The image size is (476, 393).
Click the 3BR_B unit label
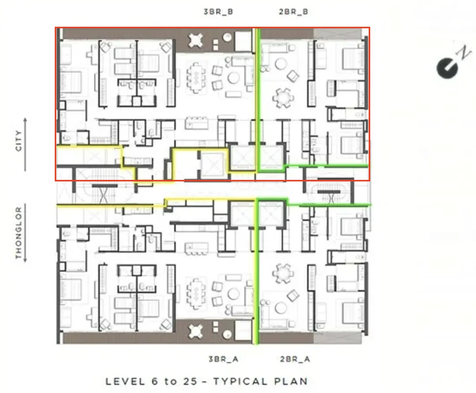[x=218, y=12]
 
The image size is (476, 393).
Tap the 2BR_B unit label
[x=293, y=12]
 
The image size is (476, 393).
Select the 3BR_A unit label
[x=224, y=359]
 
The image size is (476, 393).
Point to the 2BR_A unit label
[x=295, y=359]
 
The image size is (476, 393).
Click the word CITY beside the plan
[x=18, y=141]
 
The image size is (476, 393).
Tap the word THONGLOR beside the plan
[x=18, y=233]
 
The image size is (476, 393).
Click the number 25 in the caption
[x=190, y=382]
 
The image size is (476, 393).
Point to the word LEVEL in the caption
[x=125, y=382]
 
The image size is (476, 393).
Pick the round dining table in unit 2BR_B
[x=283, y=98]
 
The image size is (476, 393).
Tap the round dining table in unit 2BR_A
[x=283, y=273]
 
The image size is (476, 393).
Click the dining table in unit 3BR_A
[x=196, y=293]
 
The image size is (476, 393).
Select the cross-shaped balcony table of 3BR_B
[x=195, y=41]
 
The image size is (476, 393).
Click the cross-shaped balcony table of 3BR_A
[x=195, y=331]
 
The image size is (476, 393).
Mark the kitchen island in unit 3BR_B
[x=196, y=123]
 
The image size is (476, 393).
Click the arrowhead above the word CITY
[x=25, y=119]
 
